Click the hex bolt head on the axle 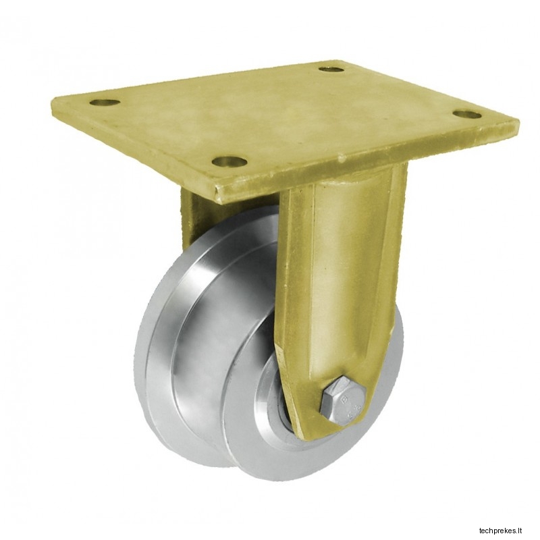click(343, 401)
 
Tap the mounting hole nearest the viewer click(230, 161)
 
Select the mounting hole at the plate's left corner click(105, 103)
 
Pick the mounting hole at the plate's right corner click(467, 114)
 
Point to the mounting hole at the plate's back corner click(331, 70)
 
